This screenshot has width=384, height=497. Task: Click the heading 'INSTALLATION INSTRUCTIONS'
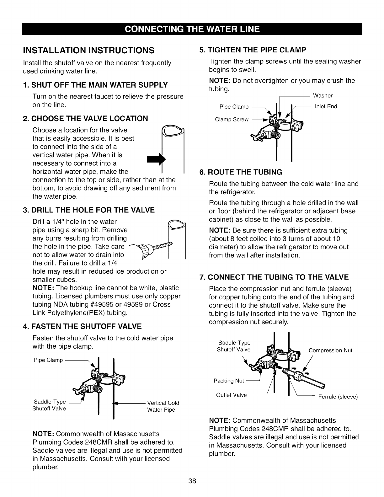click(x=89, y=50)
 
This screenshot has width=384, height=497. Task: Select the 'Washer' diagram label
click(x=323, y=95)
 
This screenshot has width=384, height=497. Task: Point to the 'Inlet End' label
click(x=326, y=106)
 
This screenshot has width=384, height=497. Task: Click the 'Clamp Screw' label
click(x=232, y=119)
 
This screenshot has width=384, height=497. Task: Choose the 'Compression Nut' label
click(x=330, y=350)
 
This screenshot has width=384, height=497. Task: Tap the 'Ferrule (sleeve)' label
click(x=338, y=397)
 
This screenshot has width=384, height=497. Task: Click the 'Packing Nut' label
click(x=229, y=381)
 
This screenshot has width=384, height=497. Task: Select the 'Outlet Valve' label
click(x=232, y=395)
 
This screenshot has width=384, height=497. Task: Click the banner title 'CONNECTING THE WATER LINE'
click(x=192, y=29)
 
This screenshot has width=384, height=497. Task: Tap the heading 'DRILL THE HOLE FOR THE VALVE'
click(x=89, y=210)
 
